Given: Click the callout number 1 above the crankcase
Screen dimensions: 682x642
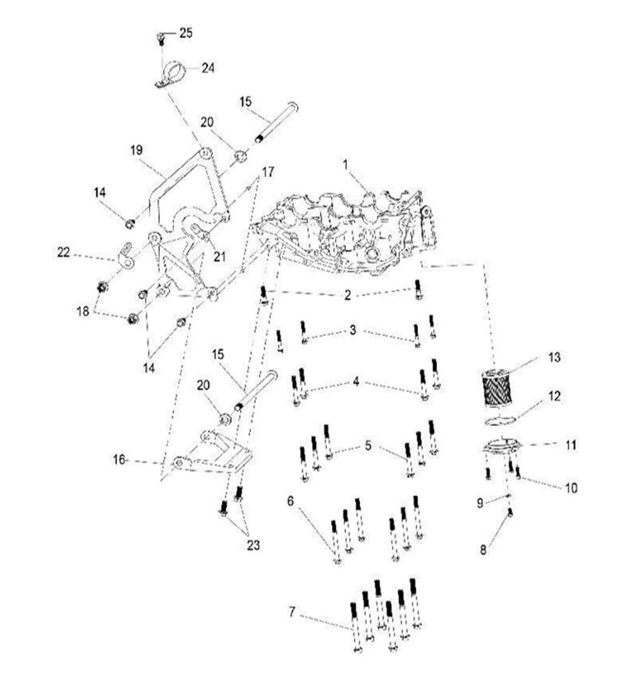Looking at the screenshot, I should coord(346,163).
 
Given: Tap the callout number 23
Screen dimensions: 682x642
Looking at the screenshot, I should coord(253,545).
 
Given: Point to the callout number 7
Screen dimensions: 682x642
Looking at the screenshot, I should coord(292,612).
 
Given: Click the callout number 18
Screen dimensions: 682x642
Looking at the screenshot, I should coord(83,311).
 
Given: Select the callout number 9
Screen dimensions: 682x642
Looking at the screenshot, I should coord(480,503).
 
